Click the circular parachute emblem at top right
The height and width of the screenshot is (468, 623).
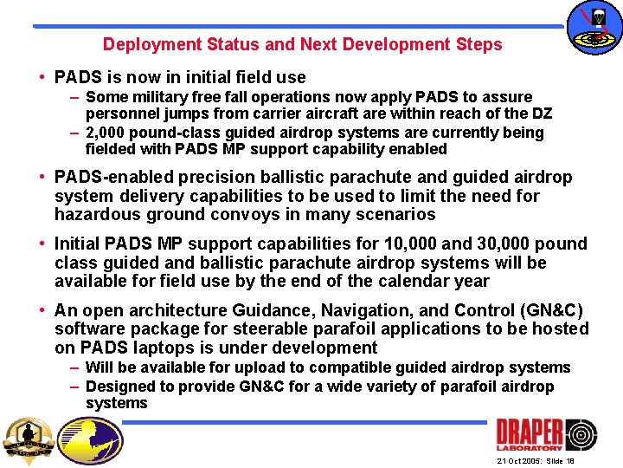pos(594,28)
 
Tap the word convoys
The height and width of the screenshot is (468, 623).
pos(248,214)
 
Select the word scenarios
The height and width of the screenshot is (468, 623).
pos(397,214)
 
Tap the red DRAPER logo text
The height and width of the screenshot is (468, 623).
pos(529,435)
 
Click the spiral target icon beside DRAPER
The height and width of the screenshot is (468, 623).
pos(581,435)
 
